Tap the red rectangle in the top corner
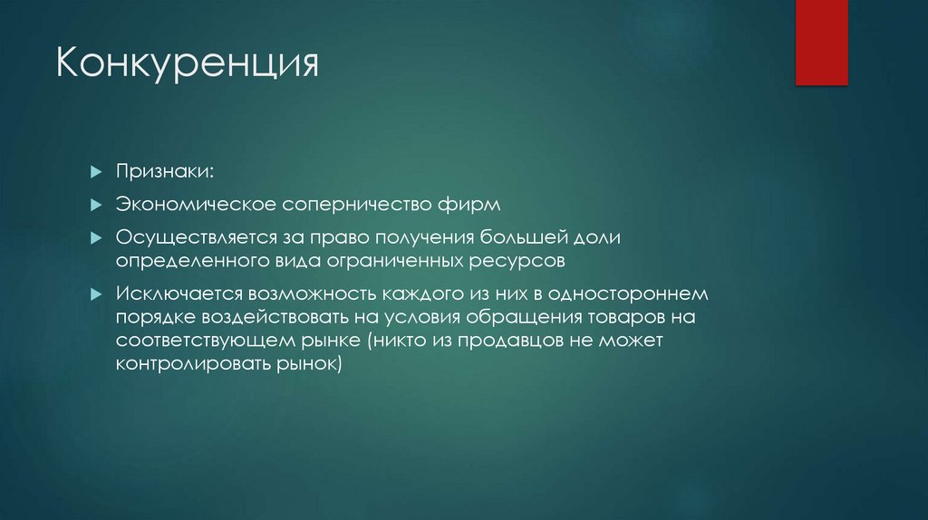point(821,43)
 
